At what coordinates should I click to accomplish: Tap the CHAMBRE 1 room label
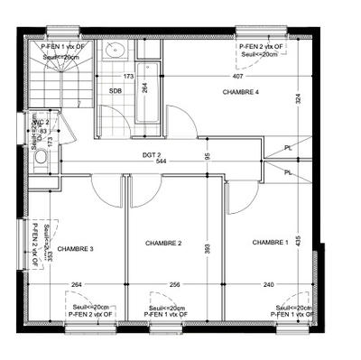(271, 242)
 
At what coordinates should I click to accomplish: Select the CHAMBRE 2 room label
(163, 244)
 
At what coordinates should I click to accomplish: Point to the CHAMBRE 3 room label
(75, 249)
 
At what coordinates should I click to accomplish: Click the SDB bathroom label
(116, 91)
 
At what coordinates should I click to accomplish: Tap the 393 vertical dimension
(207, 247)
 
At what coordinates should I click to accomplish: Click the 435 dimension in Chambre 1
(297, 238)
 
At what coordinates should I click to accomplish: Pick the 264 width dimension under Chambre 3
(77, 286)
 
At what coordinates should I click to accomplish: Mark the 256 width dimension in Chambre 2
(174, 286)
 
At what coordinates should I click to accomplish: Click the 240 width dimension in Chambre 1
(269, 286)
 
